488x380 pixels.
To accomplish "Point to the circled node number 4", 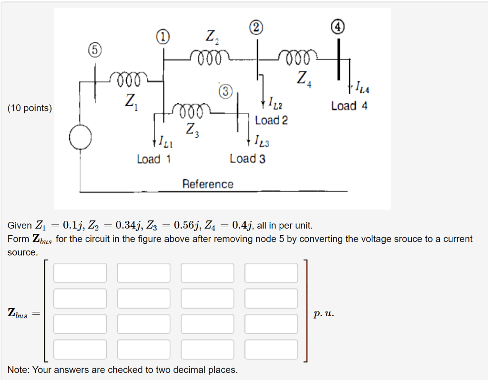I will point(338,26).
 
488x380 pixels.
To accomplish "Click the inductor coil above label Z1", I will point(125,79).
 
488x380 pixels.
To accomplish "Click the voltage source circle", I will point(80,138).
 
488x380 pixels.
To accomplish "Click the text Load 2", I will point(271,120).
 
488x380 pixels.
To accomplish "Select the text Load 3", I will point(247,159).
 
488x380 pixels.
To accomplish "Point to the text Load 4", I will point(349,106).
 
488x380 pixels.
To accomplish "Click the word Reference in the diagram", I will point(208,184).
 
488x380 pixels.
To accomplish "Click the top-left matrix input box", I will point(80,273).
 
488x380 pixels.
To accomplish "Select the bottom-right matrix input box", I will point(271,349).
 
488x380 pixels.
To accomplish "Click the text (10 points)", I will point(30,108).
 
